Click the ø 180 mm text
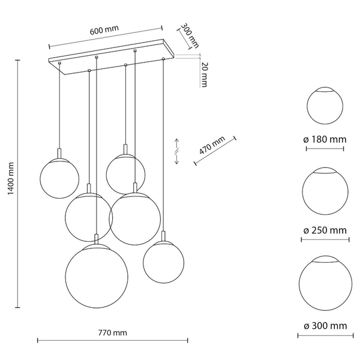325,139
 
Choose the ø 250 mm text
325,230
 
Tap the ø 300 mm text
325,326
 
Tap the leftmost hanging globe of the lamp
59,178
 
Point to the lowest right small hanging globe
163,260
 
